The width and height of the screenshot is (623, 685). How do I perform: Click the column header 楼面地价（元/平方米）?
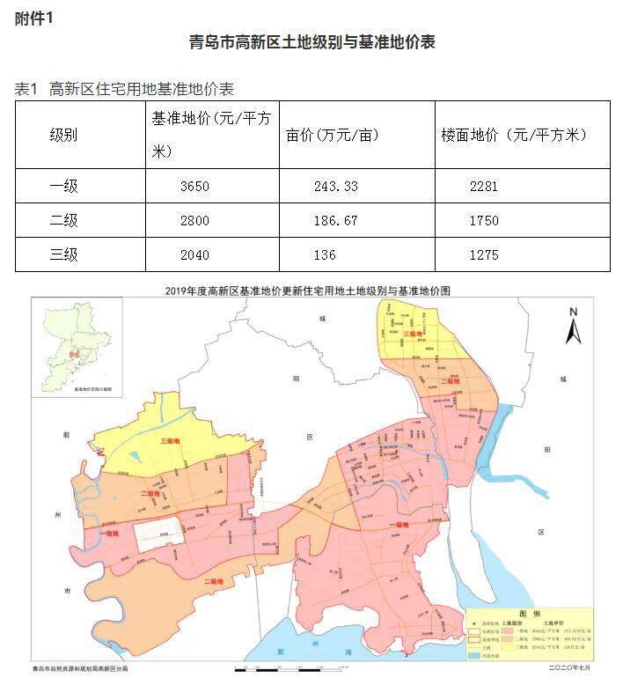click(x=513, y=135)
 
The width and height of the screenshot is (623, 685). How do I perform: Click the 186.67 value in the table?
click(x=335, y=220)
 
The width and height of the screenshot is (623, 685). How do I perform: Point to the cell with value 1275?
click(x=483, y=255)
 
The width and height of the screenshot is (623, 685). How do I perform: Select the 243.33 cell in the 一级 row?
click(x=335, y=186)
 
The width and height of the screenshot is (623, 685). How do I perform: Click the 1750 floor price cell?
click(x=483, y=220)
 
